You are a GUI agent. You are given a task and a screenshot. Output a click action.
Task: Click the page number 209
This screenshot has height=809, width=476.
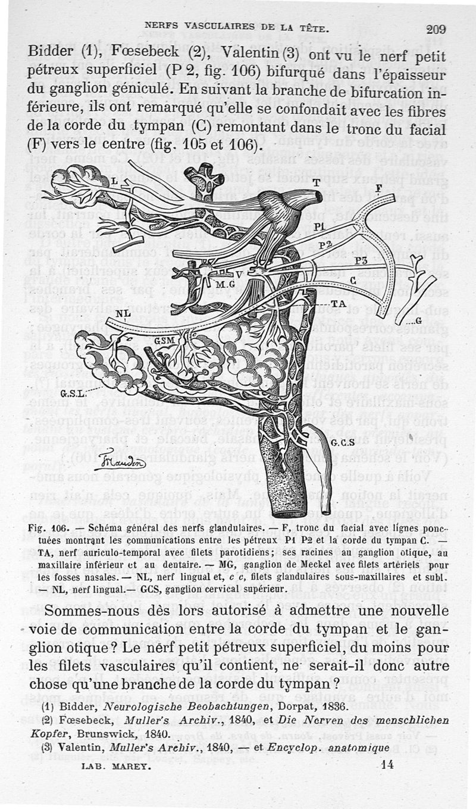(436, 29)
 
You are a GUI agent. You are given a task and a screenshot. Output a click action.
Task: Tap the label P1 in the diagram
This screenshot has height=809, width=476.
(319, 226)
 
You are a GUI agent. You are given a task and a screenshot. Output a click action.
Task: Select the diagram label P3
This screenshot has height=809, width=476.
(359, 260)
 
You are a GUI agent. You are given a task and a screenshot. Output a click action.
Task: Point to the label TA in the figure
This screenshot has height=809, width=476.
(339, 303)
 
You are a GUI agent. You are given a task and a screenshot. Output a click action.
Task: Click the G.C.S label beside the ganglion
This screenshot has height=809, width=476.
(343, 443)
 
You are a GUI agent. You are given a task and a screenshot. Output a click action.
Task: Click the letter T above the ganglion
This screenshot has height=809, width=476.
(317, 183)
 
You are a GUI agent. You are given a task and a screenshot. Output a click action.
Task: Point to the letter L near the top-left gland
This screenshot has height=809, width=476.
(114, 182)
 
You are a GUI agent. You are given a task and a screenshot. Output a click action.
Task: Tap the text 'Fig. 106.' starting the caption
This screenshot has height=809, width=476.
(49, 528)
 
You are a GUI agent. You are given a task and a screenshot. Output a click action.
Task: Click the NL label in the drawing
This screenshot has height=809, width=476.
(123, 314)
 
